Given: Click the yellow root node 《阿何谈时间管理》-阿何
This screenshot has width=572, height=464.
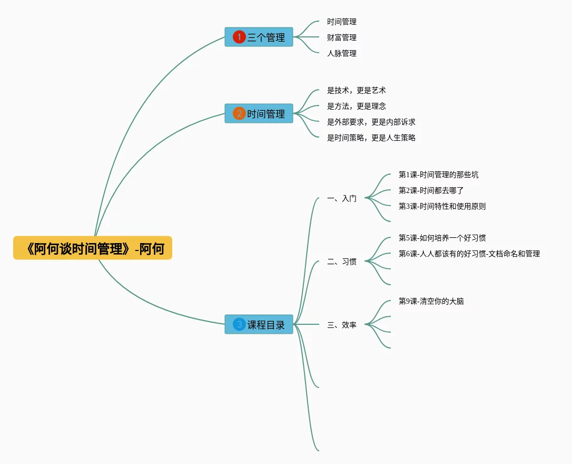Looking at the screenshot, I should coord(93,248).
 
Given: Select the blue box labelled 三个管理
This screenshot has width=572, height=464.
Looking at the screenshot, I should coord(259,37).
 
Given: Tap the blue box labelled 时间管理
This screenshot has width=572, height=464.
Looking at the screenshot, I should coord(259,113).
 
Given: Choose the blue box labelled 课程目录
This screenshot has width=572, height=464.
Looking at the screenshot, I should coord(259,324).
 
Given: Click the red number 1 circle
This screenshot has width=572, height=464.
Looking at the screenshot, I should coord(239,37).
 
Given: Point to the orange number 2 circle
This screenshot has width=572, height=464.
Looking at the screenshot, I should coord(239,113).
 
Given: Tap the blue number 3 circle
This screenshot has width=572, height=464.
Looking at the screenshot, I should coord(239,324).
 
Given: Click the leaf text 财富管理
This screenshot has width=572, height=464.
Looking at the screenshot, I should coord(341,37).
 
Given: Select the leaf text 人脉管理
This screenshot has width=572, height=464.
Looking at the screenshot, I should coord(341,53).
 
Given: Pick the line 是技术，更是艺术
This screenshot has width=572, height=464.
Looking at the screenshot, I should coord(356,90).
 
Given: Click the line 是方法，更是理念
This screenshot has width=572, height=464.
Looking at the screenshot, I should coord(356,106).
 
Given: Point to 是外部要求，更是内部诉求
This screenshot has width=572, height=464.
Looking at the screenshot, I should coord(371,122).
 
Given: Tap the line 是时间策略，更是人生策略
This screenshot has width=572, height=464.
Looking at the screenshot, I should coord(371,138).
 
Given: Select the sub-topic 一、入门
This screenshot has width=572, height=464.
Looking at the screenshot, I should coord(341,198).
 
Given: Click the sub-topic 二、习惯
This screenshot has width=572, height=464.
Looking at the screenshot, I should coord(341,262).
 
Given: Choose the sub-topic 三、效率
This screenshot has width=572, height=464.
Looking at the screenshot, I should coord(341,325).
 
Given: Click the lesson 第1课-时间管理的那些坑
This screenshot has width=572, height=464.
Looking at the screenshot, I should coord(438,175).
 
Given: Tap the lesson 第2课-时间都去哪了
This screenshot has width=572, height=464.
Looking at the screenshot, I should coord(431,190).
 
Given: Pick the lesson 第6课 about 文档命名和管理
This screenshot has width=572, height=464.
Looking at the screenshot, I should coord(469,254).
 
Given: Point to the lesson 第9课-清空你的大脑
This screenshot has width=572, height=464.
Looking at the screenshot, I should coord(431,301).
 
